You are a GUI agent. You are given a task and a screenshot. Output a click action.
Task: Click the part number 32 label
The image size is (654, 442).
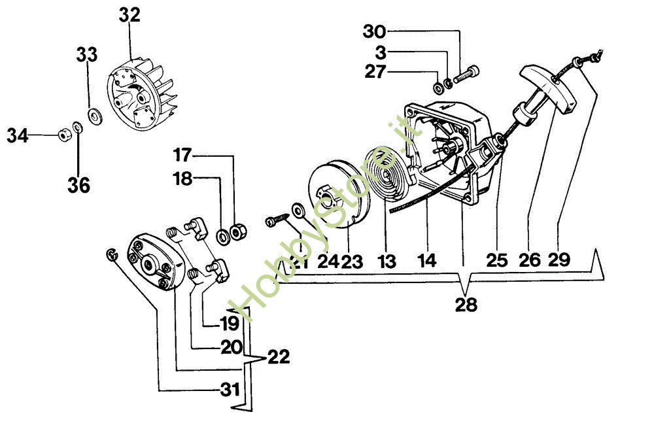(x=129, y=15)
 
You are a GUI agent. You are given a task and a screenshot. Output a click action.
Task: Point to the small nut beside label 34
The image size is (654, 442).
(x=63, y=134)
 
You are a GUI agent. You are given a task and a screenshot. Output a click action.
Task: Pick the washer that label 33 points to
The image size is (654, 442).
(x=97, y=116)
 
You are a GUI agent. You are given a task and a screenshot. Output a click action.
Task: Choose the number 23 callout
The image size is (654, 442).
(x=351, y=262)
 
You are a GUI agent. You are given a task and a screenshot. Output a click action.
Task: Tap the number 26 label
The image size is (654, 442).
(x=529, y=260)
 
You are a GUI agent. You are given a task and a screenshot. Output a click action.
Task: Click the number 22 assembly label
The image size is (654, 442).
(x=277, y=357)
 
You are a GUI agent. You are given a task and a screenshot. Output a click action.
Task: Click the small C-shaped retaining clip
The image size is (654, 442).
(x=112, y=254)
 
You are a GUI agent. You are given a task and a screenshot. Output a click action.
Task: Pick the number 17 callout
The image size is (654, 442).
(x=182, y=156)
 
